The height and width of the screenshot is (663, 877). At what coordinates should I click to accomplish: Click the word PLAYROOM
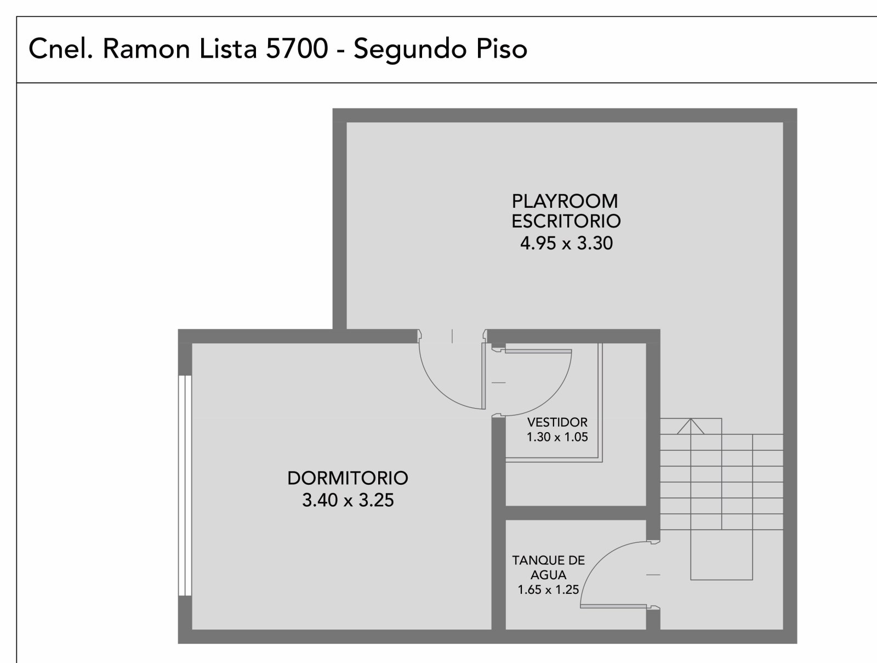point(565,201)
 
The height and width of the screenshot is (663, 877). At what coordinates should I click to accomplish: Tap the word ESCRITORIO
point(566,222)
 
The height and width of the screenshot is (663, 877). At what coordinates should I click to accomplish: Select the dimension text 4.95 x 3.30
point(566,243)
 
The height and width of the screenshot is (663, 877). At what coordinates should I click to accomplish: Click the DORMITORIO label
point(348,478)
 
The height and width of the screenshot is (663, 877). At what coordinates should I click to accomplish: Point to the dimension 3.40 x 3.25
point(348,500)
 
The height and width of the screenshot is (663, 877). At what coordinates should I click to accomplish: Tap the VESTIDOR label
point(557,422)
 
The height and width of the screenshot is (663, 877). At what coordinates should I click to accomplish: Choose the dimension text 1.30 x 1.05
point(557,437)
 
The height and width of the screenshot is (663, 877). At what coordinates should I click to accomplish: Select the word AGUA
point(549,575)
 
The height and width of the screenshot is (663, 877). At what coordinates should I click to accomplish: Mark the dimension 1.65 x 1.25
point(548,590)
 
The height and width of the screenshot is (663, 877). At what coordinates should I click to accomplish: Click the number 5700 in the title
point(297,49)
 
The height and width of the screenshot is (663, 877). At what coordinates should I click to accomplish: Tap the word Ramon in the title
point(146,49)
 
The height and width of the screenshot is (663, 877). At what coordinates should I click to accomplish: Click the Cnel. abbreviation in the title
point(61,49)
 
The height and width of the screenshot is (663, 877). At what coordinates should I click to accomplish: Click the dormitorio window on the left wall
point(185,485)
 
